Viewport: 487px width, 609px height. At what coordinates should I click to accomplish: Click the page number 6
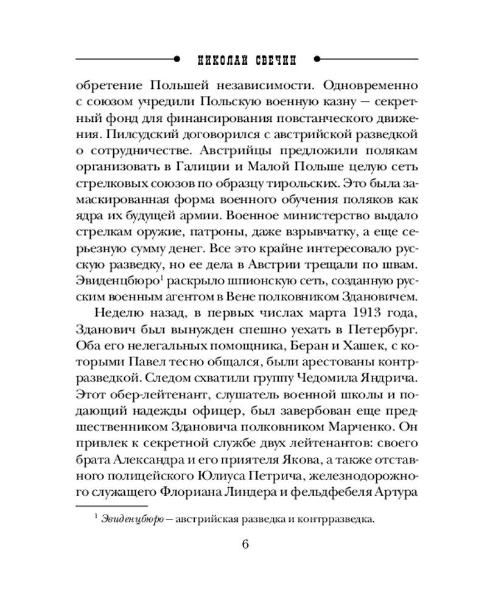pos(245,544)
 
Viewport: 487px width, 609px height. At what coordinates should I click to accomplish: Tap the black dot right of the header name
pos(316,59)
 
